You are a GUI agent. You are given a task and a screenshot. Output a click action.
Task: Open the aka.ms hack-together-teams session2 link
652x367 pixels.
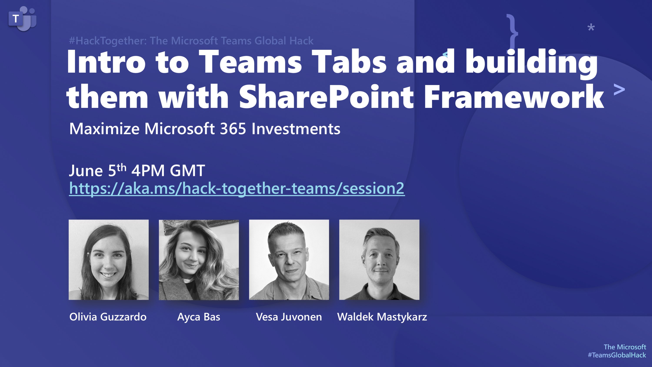point(237,188)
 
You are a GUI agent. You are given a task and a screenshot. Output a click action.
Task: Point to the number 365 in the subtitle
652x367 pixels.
point(233,129)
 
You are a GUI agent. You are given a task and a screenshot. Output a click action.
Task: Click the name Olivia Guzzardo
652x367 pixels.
point(108,317)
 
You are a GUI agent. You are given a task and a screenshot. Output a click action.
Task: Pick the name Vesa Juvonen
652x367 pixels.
point(289,317)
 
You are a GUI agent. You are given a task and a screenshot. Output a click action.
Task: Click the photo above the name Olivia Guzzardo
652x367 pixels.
point(108,260)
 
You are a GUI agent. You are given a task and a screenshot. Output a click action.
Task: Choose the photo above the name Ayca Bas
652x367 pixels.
point(199,260)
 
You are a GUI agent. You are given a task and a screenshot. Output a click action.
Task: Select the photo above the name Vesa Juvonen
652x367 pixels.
point(289,260)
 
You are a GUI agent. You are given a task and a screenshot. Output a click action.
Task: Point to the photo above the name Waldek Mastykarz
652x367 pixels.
point(379,260)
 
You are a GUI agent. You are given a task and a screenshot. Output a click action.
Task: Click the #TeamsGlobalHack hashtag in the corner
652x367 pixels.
point(617,355)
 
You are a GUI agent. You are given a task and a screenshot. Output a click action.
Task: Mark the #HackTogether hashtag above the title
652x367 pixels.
point(108,41)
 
